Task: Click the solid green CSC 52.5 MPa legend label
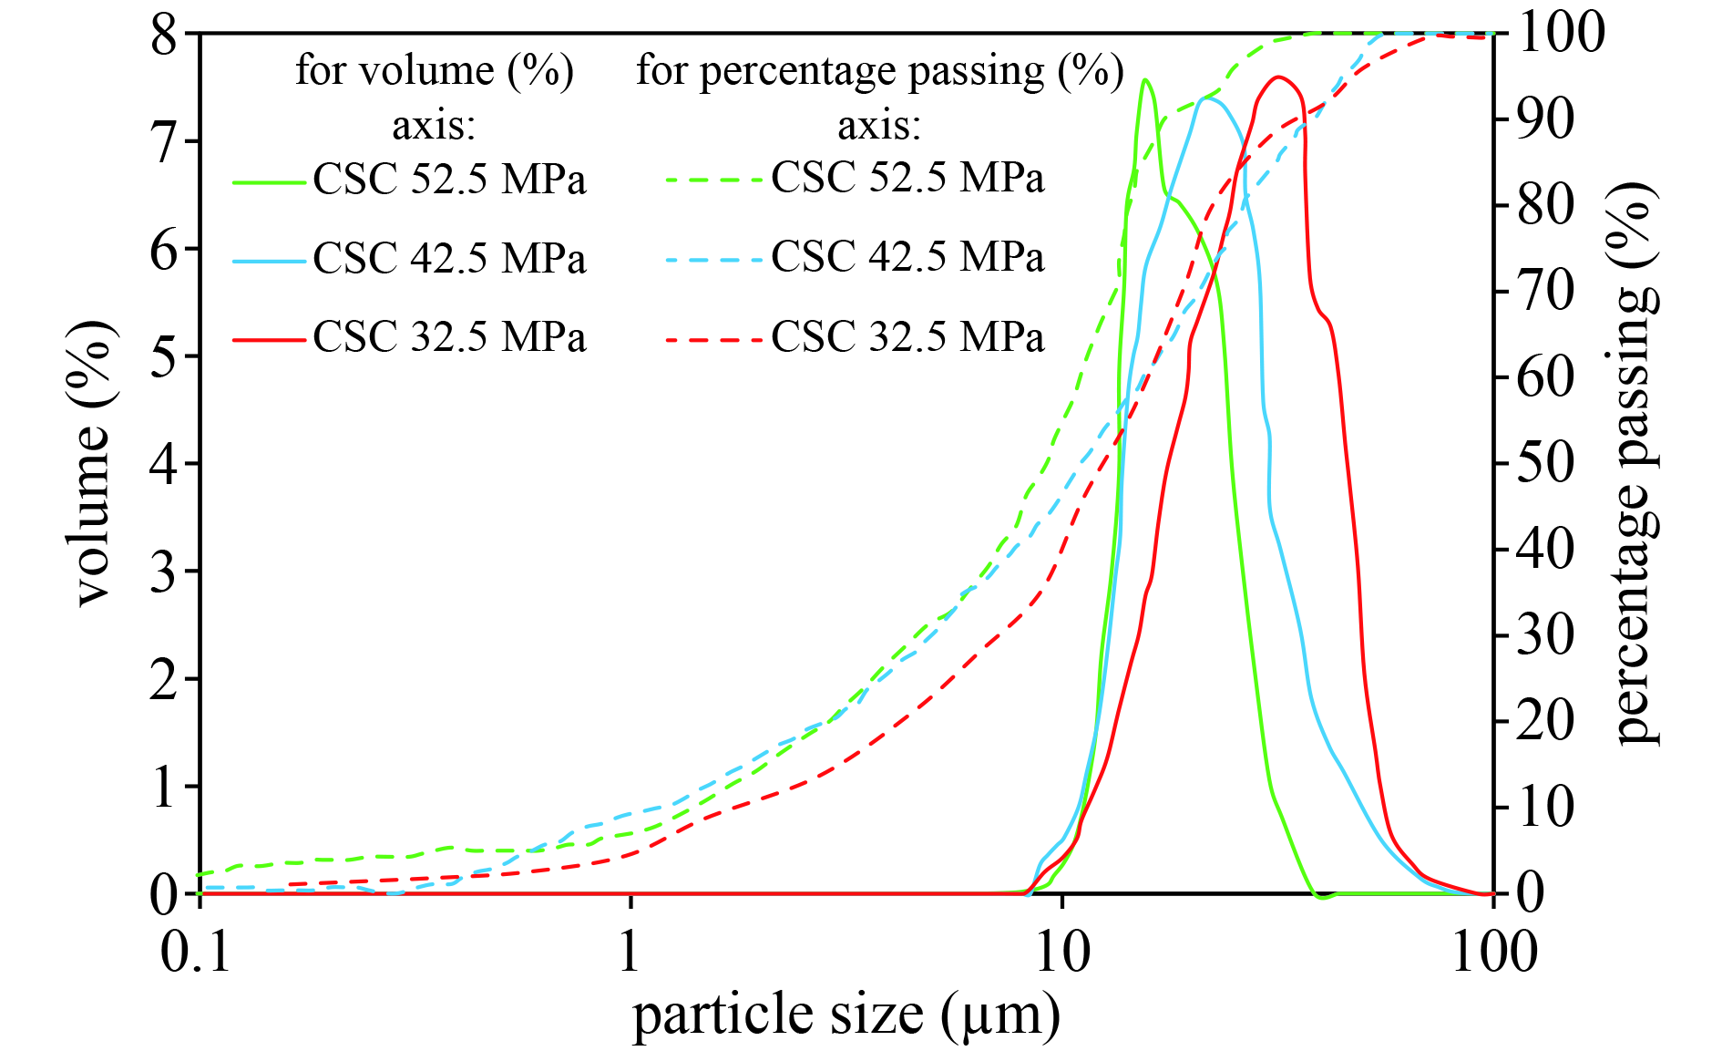pyautogui.click(x=449, y=180)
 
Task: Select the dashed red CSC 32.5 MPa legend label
pyautogui.click(x=907, y=337)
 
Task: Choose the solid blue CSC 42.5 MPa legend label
pyautogui.click(x=449, y=259)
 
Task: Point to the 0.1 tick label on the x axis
pyautogui.click(x=196, y=953)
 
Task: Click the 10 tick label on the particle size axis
pyautogui.click(x=1062, y=953)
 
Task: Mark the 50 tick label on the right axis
pyautogui.click(x=1545, y=463)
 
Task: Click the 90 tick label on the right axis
pyautogui.click(x=1545, y=118)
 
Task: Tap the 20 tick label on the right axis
pyautogui.click(x=1545, y=721)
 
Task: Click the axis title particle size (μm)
pyautogui.click(x=846, y=1015)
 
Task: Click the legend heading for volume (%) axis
pyautogui.click(x=435, y=97)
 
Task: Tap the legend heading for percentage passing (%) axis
pyautogui.click(x=879, y=97)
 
